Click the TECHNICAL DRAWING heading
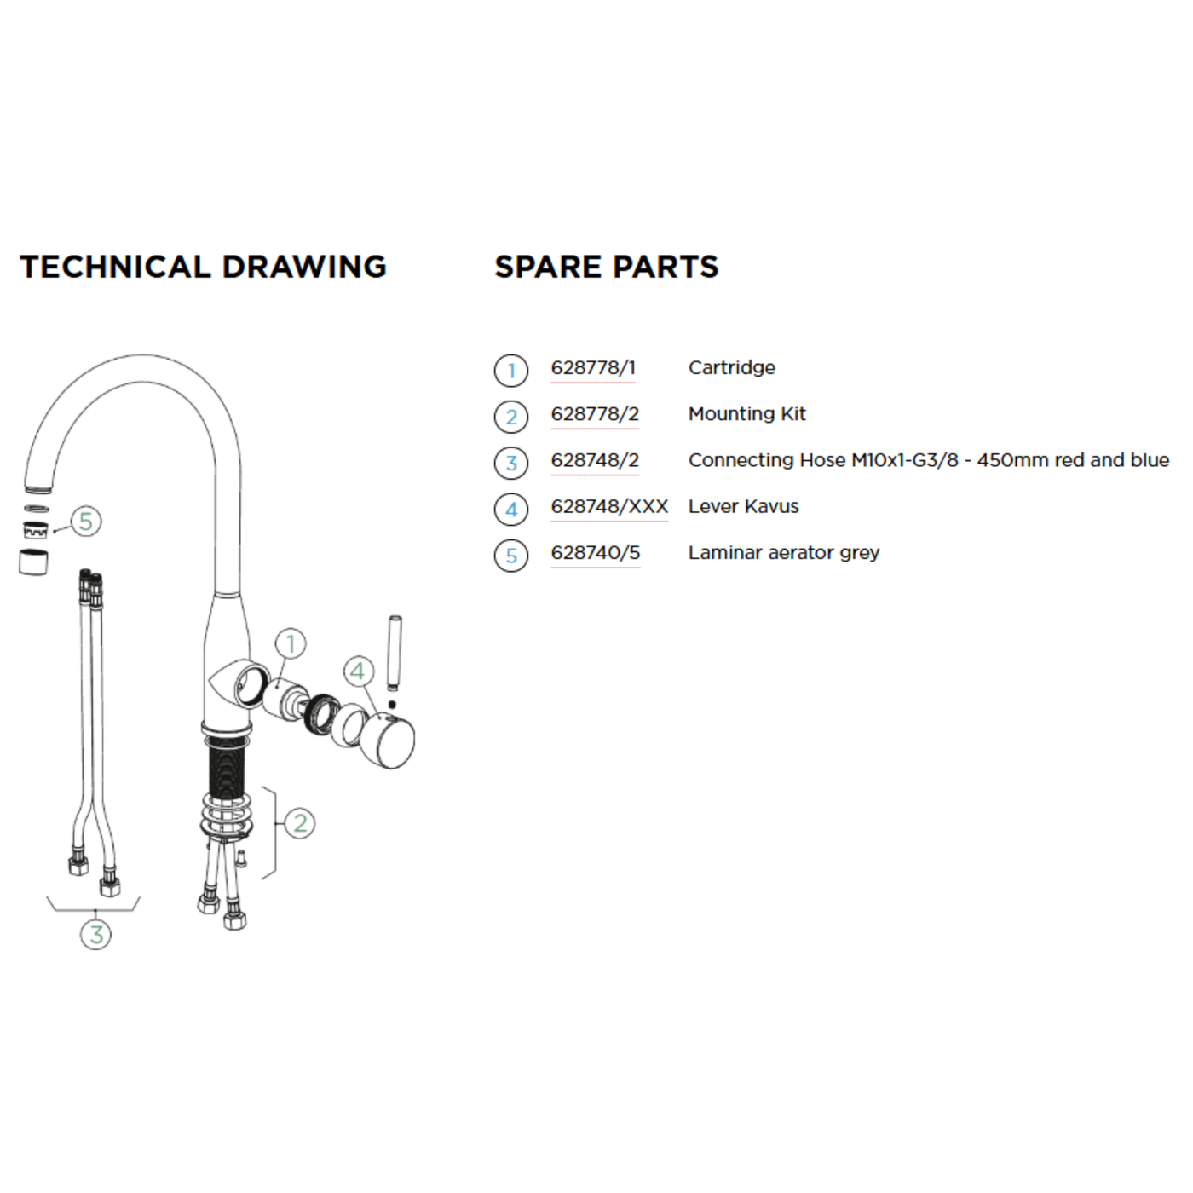click(203, 267)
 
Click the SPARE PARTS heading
click(606, 267)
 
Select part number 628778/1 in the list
click(593, 368)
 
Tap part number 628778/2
click(595, 413)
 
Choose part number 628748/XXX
click(610, 506)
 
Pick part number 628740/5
click(596, 552)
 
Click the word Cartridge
click(732, 368)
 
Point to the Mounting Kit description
click(747, 413)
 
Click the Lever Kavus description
click(744, 506)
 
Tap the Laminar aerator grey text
click(784, 553)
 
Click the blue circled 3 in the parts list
click(510, 463)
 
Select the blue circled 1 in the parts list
click(510, 370)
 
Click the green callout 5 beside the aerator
click(86, 522)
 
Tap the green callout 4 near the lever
click(359, 671)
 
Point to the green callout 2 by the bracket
click(300, 823)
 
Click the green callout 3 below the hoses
click(96, 934)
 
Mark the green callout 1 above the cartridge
click(291, 644)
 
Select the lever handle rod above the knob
click(395, 653)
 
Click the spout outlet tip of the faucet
click(38, 487)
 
